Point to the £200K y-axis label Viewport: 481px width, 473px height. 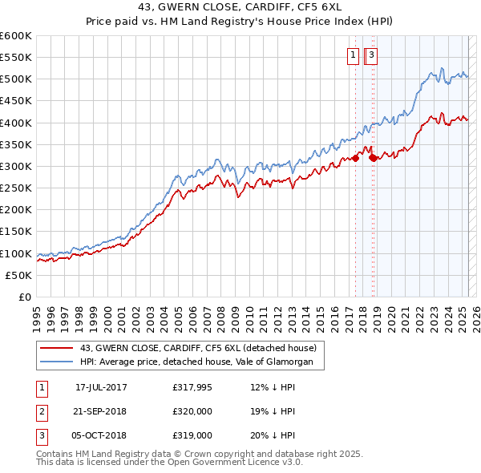coord(16,209)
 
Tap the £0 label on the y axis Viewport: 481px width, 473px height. coord(26,297)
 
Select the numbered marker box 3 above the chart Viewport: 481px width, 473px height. coord(373,55)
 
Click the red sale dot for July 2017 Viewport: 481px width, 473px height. coord(355,159)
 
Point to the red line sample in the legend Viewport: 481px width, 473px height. coord(57,348)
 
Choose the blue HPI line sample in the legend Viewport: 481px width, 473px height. coord(57,362)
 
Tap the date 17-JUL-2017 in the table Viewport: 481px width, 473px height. coord(101,387)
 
